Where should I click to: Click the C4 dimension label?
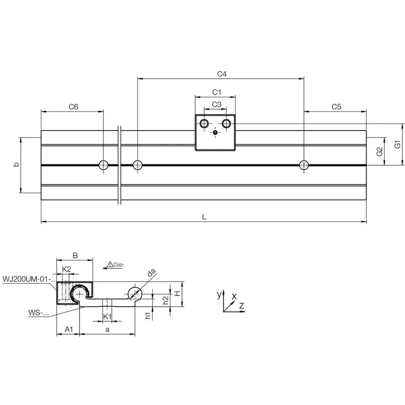(221, 74)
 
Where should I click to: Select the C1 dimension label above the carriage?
(217, 92)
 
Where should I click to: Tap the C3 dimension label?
(216, 104)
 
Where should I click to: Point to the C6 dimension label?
(73, 107)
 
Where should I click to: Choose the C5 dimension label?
(336, 107)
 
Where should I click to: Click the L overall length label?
(204, 217)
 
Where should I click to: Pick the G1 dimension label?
(397, 144)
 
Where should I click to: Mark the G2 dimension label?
(379, 151)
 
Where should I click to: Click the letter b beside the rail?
(16, 164)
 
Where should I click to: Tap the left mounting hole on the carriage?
(204, 124)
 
